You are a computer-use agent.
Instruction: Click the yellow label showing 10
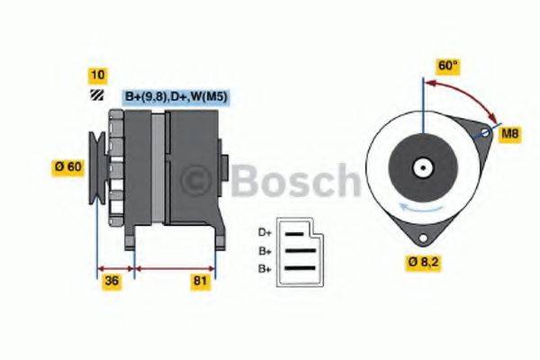point(95,73)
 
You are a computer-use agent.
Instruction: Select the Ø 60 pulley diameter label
point(69,166)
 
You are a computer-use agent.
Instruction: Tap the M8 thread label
point(510,134)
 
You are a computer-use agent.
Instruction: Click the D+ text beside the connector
point(265,232)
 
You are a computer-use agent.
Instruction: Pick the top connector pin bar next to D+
point(296,232)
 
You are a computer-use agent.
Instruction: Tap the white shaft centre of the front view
point(420,167)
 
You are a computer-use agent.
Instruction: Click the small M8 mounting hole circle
point(486,133)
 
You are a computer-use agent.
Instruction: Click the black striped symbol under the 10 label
point(95,95)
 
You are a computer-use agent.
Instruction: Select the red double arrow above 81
point(175,267)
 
